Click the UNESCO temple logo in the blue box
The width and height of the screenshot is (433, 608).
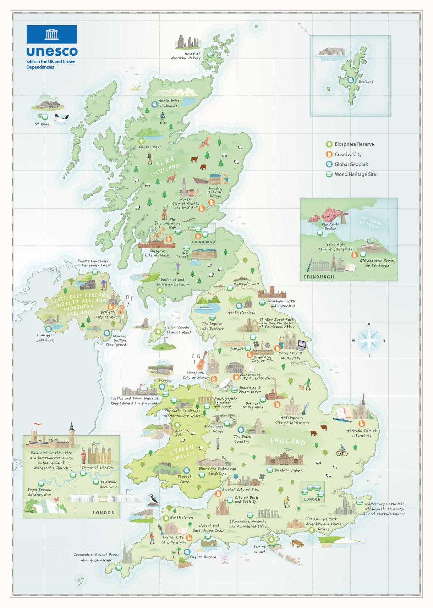52,34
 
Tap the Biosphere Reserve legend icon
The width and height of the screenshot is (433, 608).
329,144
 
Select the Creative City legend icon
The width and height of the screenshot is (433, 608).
329,154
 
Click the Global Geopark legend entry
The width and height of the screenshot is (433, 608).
351,164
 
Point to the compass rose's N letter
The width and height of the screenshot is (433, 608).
369,324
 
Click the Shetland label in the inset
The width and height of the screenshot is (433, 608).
366,82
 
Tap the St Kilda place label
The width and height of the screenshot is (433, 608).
42,124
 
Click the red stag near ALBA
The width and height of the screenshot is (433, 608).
172,177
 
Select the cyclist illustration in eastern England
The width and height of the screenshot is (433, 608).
341,451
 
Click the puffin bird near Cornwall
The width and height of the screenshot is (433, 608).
153,499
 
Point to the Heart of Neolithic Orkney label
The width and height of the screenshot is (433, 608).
186,56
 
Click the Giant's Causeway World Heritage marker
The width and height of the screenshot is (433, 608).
94,272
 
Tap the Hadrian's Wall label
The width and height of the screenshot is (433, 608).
246,284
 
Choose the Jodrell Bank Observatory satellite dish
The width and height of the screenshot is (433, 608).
225,385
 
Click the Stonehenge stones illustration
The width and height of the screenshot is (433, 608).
268,513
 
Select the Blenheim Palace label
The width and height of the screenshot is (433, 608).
289,470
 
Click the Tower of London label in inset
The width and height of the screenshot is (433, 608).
97,468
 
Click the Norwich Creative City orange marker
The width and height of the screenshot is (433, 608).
361,424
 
